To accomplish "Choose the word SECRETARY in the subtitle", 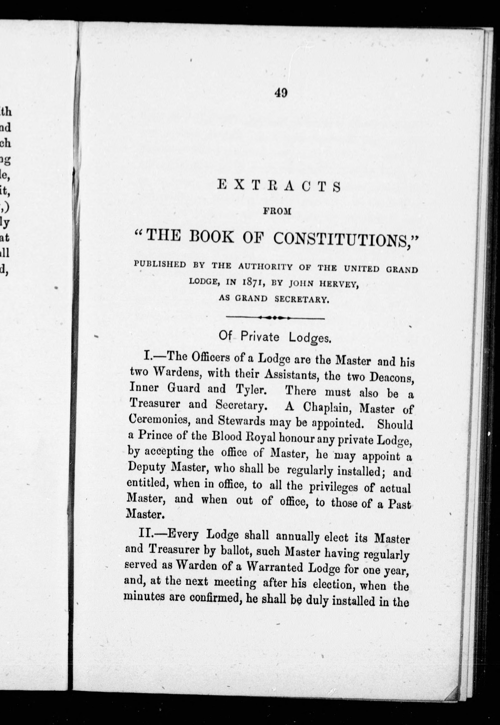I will pos(302,299).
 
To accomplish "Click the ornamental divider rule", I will pos(275,318).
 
